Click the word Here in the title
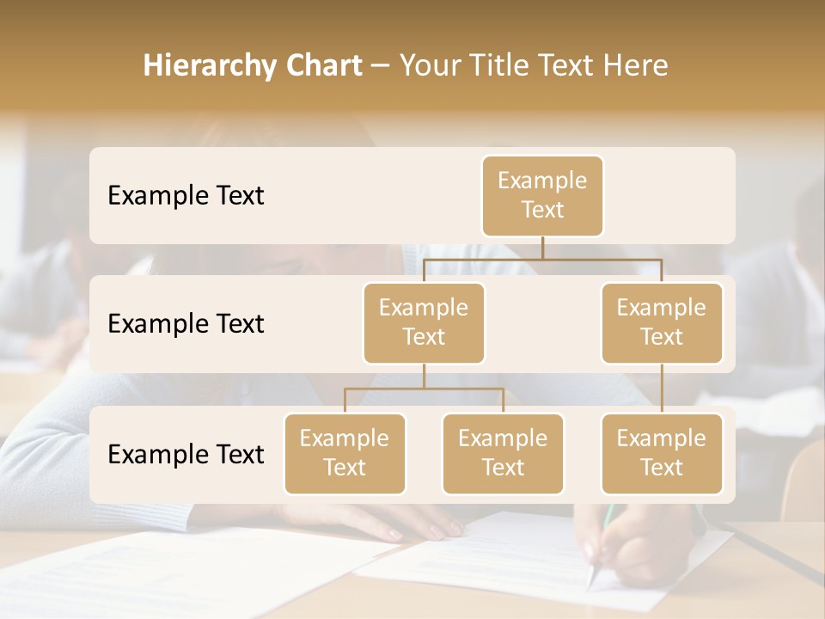[x=635, y=66]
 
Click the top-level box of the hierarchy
[x=542, y=196]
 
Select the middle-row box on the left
[x=424, y=323]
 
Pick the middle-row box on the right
[x=662, y=323]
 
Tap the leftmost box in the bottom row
[x=345, y=454]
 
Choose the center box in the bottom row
[x=503, y=454]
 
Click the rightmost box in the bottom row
[x=662, y=454]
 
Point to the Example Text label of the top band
[x=186, y=196]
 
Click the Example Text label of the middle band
[x=186, y=324]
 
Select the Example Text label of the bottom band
[x=186, y=454]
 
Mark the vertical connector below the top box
[x=542, y=248]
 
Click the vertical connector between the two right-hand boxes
[x=662, y=389]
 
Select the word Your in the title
[x=430, y=66]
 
